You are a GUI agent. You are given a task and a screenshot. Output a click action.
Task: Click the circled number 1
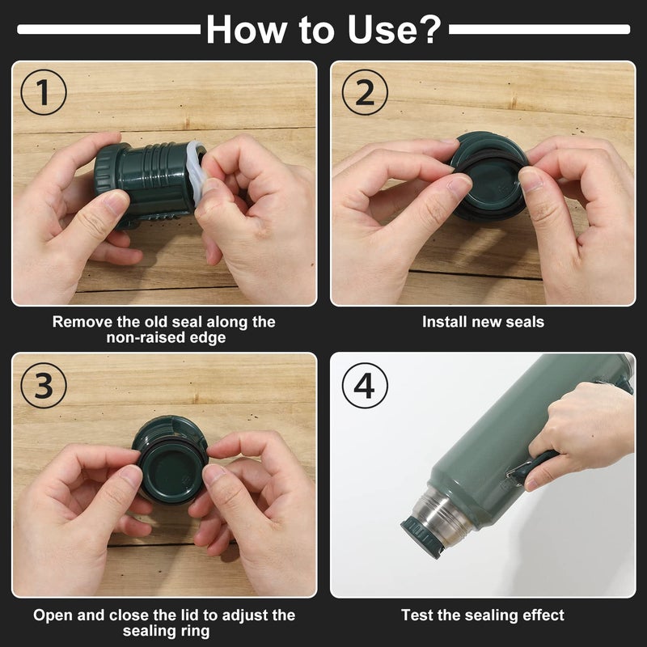(x=44, y=92)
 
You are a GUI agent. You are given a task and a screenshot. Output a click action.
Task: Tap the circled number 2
(x=365, y=92)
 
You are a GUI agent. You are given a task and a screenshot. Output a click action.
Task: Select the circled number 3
(x=44, y=386)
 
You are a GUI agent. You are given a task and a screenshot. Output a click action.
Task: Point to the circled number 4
(x=365, y=386)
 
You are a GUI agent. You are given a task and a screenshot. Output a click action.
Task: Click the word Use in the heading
(x=382, y=29)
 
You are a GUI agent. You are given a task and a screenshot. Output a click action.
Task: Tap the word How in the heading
(x=247, y=29)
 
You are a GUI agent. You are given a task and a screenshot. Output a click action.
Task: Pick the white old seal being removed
(x=197, y=172)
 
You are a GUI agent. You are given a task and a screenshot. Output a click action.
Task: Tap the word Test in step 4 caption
(x=417, y=615)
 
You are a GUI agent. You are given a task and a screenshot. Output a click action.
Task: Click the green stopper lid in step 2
(x=490, y=176)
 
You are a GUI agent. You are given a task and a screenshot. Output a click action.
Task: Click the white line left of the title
(x=109, y=29)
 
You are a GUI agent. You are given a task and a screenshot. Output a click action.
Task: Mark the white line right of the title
(x=539, y=29)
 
